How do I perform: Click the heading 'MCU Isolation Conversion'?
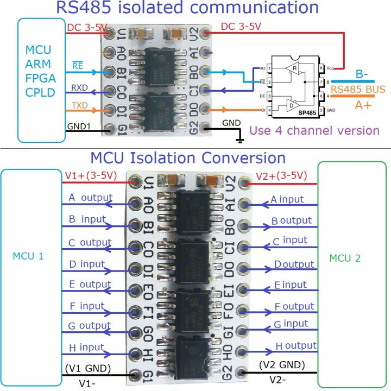(188, 158)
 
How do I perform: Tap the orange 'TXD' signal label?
(79, 104)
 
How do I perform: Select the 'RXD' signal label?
(79, 87)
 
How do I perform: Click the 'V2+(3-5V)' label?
(281, 175)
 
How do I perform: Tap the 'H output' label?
(296, 345)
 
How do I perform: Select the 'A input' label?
(287, 200)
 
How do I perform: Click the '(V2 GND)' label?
(282, 364)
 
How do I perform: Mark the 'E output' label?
(90, 284)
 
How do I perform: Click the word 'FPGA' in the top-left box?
(40, 78)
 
